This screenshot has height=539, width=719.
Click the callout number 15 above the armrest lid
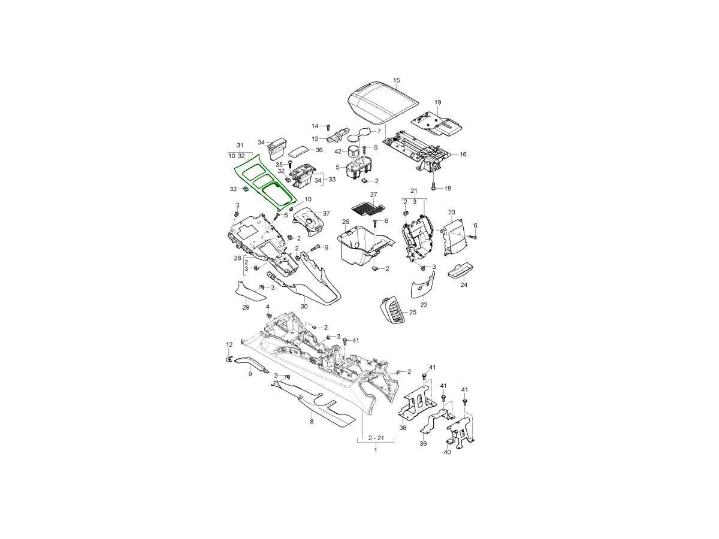tap(397, 80)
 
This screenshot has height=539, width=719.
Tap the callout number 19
tap(438, 102)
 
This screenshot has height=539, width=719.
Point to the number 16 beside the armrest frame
tap(463, 154)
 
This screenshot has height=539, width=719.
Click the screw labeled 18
tap(434, 187)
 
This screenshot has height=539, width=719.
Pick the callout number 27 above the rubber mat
tap(374, 195)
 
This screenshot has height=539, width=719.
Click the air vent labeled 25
tap(392, 310)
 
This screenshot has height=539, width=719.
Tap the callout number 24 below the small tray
tap(464, 284)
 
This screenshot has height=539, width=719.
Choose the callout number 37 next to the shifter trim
tap(326, 213)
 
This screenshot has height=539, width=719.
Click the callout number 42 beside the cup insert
tap(338, 152)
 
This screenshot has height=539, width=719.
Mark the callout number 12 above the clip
tap(229, 344)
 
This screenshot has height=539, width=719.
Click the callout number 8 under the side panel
tap(312, 422)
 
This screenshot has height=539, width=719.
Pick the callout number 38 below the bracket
tap(403, 428)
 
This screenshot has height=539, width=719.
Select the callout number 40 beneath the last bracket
tap(447, 452)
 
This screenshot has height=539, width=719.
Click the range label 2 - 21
tap(375, 438)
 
